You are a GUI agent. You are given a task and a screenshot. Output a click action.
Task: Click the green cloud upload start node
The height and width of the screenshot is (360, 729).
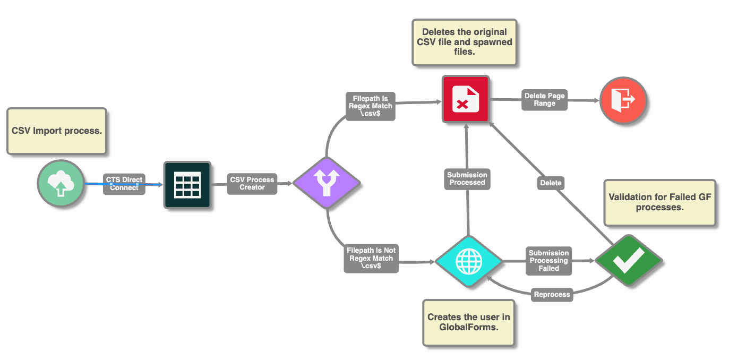[61, 184]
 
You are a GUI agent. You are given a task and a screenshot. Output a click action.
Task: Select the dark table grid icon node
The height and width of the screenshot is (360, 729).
[187, 185]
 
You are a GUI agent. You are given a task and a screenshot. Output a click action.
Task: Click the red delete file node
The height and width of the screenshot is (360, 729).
[466, 99]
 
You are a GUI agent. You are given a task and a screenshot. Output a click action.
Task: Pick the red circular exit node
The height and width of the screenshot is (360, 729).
[623, 99]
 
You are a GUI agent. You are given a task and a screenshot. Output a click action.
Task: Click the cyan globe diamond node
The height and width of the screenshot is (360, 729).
[468, 261]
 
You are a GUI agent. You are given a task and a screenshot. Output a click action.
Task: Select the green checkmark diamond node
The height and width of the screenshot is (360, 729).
[628, 261]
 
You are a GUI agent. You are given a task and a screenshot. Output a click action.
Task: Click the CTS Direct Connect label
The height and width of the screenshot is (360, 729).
[124, 184]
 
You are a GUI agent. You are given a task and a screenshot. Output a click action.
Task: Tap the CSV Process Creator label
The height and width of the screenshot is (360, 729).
[252, 183]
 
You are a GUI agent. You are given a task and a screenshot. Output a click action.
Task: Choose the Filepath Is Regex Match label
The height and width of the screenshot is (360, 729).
[371, 106]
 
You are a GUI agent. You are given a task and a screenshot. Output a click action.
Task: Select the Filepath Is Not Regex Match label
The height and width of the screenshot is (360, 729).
[371, 258]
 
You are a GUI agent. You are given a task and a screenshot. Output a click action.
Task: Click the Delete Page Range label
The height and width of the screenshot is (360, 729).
[545, 99]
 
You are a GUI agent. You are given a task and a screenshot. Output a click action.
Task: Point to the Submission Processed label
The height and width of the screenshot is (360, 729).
[467, 178]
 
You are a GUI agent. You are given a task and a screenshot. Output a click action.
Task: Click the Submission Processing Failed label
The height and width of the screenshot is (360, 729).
[549, 261]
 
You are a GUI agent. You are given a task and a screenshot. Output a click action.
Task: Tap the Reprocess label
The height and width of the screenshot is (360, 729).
[552, 294]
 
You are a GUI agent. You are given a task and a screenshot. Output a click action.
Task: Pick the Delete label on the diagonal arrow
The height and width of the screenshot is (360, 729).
[551, 183]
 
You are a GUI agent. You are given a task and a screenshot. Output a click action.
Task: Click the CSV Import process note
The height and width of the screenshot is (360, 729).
[57, 131]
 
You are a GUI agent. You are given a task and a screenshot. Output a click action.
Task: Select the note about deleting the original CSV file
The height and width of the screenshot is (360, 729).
[465, 42]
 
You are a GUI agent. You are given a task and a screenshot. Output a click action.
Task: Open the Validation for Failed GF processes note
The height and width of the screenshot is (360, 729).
[659, 202]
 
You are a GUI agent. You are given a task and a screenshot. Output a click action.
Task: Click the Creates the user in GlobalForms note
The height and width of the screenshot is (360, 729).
[469, 322]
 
